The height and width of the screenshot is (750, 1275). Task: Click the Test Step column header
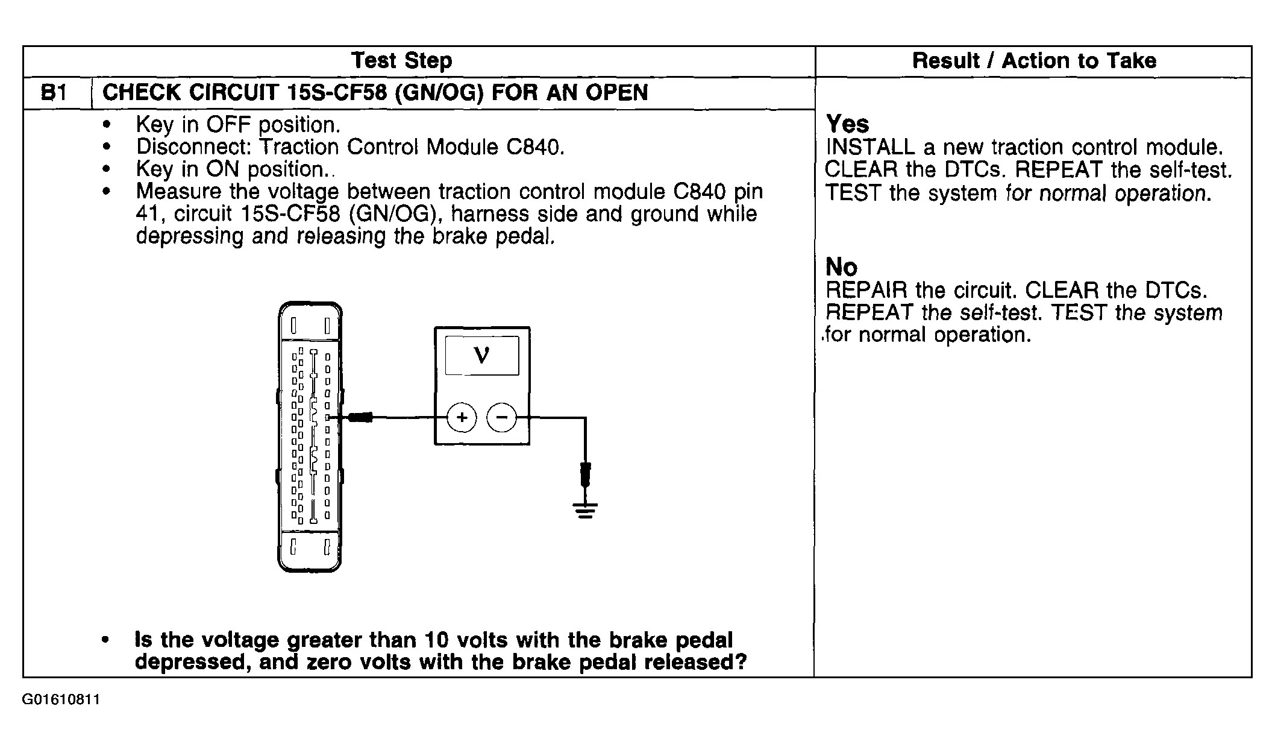pyautogui.click(x=401, y=61)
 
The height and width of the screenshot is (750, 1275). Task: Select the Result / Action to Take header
pyautogui.click(x=1034, y=61)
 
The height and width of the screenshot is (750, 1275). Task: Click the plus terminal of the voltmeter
pyautogui.click(x=462, y=417)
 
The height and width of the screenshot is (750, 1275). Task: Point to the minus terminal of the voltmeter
pyautogui.click(x=501, y=417)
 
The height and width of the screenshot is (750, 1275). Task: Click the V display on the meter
pyautogui.click(x=482, y=356)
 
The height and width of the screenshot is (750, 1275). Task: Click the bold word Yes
pyautogui.click(x=847, y=124)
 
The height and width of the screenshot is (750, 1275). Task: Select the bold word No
pyautogui.click(x=841, y=266)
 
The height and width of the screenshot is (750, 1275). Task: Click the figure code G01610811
pyautogui.click(x=61, y=700)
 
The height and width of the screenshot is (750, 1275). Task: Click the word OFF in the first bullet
pyautogui.click(x=230, y=125)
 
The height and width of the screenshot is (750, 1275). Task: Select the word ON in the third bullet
pyautogui.click(x=224, y=169)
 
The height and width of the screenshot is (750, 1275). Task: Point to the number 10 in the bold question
pyautogui.click(x=437, y=640)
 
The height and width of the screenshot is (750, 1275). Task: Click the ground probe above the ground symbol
pyautogui.click(x=584, y=474)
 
